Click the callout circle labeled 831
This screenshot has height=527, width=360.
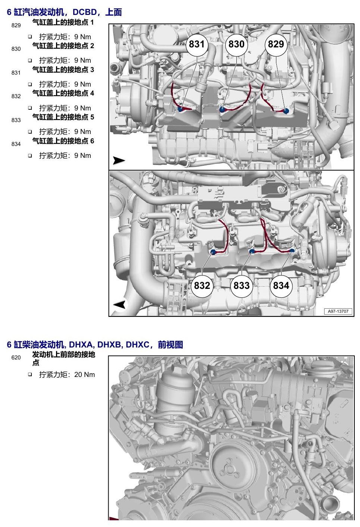coord(196,44)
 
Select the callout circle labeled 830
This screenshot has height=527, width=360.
coord(236,44)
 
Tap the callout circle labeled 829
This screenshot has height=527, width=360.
coord(276,44)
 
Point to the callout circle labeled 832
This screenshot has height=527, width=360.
coord(202,286)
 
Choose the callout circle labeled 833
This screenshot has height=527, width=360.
coord(242,286)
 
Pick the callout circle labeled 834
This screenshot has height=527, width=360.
coord(281,286)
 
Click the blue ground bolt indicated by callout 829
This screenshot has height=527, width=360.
coord(286,111)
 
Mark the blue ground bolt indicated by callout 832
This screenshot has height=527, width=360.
coord(213,252)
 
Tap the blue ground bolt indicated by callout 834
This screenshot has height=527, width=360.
coord(292,251)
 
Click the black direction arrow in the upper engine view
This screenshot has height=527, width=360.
coord(119,160)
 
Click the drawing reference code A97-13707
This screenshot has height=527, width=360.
coord(338,311)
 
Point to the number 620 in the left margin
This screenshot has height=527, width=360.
coord(16,358)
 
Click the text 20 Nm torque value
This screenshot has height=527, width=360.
coord(84,375)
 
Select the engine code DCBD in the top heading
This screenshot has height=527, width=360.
coord(84,12)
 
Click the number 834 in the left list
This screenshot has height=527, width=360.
coord(16,144)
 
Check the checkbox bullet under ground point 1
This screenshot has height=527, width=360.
coord(30,37)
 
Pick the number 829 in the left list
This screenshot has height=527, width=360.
coord(16,25)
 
